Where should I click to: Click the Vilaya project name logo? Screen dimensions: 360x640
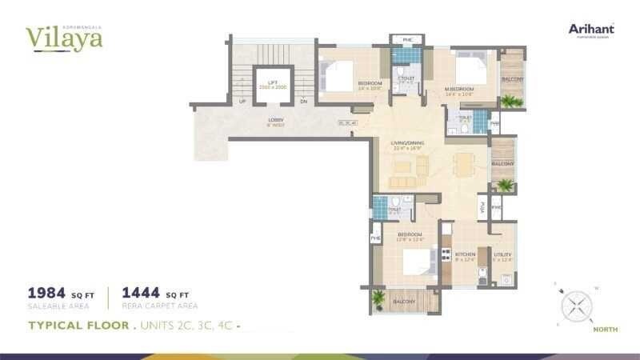63,37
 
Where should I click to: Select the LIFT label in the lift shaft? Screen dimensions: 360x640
272,82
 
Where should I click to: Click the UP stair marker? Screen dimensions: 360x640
242,102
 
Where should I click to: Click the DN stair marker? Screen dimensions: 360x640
303,102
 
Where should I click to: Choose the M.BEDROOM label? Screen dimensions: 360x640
460,89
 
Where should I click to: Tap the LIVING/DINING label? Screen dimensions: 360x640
407,144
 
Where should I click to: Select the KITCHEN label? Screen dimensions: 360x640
466,254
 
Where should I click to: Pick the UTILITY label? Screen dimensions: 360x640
502,254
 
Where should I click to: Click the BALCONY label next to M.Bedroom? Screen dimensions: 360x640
513,80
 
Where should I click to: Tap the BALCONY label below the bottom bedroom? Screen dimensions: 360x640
404,302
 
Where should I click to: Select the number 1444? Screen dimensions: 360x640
142,292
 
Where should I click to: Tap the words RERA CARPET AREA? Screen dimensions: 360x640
159,306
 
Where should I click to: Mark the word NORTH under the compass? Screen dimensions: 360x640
605,329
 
